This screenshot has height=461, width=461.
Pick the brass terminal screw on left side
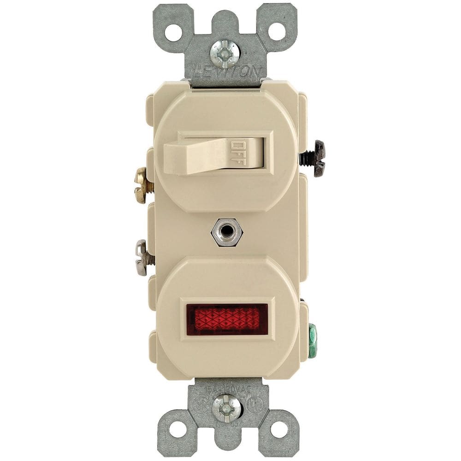[142, 185]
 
